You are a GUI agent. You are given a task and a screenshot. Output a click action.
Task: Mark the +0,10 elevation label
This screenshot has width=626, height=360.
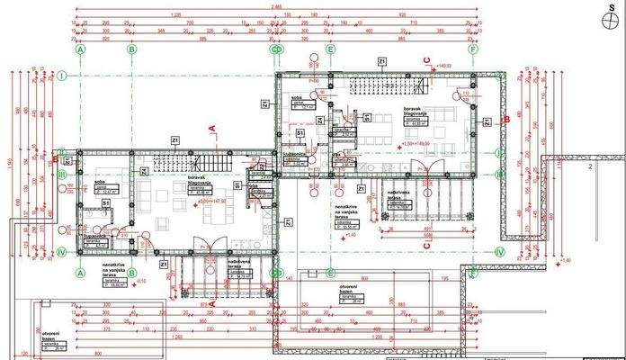(x=140, y=281)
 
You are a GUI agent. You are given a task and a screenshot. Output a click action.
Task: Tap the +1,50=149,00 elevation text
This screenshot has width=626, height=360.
(x=420, y=143)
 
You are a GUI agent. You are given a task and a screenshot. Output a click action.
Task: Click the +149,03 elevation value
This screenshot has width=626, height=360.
(x=443, y=66)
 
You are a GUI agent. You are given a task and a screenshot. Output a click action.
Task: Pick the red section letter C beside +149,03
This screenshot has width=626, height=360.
(x=427, y=59)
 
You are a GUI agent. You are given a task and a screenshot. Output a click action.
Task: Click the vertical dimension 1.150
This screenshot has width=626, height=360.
(x=7, y=162)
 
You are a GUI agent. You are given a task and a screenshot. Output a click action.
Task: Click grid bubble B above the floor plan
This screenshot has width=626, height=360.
(x=131, y=50)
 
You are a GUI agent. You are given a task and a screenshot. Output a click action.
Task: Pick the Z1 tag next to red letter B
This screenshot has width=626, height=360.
(x=487, y=122)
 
